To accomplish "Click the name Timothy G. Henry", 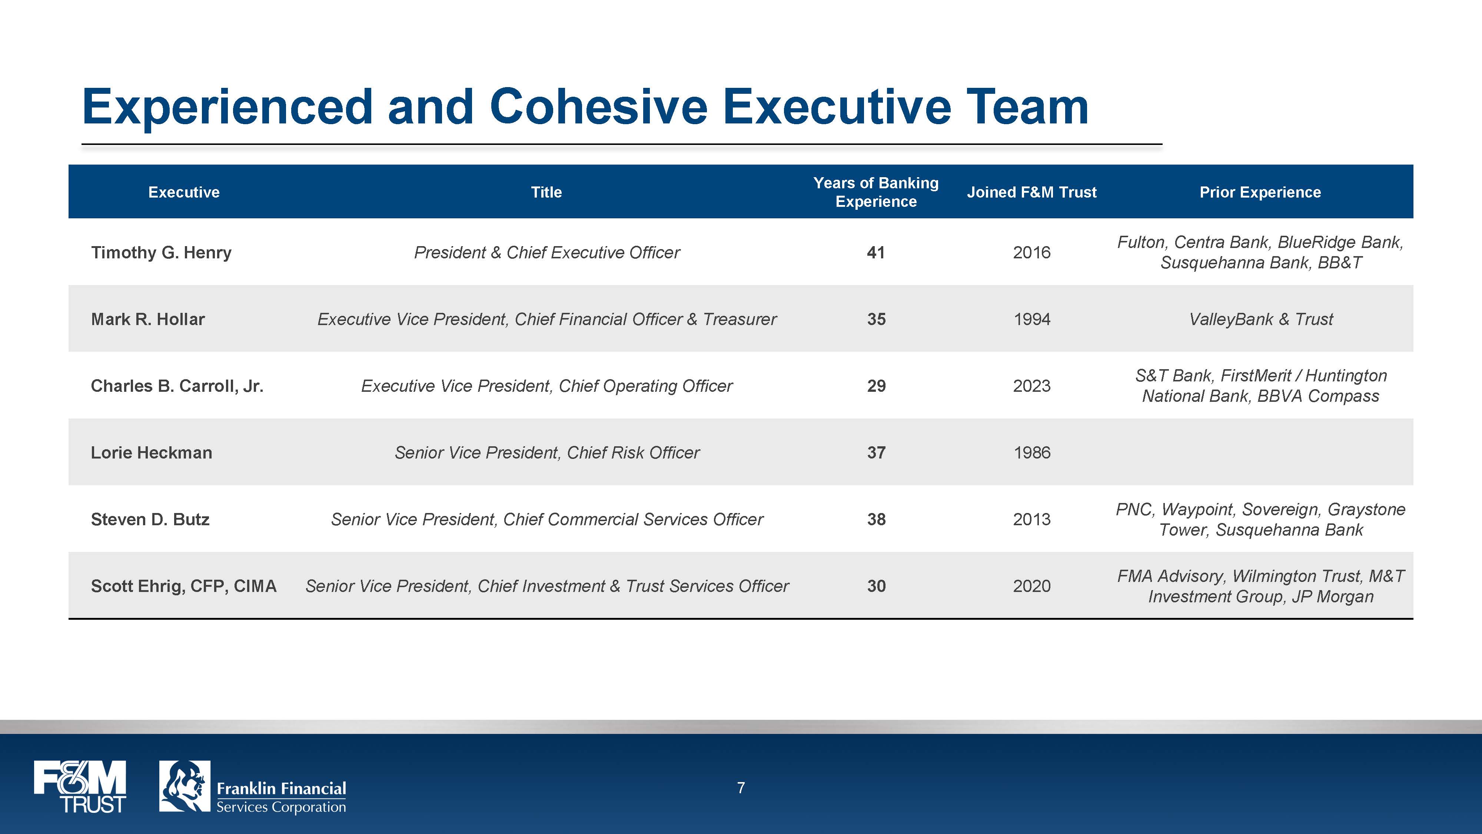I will [x=161, y=253].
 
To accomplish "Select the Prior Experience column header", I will [x=1260, y=192].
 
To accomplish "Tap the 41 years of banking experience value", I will [x=875, y=253].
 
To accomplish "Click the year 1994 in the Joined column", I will [x=1031, y=320].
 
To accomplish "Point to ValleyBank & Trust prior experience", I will [x=1260, y=320].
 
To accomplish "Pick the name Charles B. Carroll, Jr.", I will [x=177, y=386].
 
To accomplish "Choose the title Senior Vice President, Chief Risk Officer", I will [x=546, y=453].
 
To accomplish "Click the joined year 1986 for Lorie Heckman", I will [x=1031, y=453].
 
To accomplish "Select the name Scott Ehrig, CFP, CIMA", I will [x=183, y=586].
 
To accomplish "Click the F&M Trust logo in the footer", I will [x=80, y=787].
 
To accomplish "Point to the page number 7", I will [x=741, y=788].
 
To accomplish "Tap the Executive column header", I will [x=183, y=192].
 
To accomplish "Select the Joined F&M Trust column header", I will [x=1031, y=192].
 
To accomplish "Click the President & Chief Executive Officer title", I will [x=546, y=253].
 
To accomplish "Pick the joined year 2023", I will [x=1031, y=386].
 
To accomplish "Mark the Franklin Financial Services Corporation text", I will [x=281, y=797].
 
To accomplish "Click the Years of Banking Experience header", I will [x=875, y=192].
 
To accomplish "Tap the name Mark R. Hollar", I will [x=148, y=320].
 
